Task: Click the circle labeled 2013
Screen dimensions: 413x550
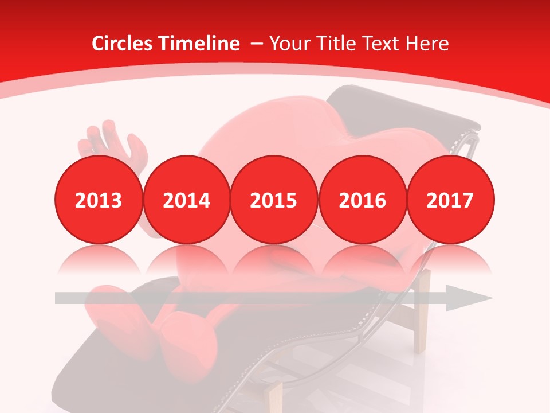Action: tap(99, 200)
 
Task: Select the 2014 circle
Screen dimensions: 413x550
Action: tap(187, 200)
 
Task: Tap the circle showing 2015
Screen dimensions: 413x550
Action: tap(274, 200)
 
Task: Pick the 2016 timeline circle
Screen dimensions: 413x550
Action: tap(362, 200)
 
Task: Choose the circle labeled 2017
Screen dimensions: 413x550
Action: tap(450, 200)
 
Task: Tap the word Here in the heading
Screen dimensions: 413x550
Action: tap(427, 44)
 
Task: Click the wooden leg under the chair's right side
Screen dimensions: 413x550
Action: tap(422, 313)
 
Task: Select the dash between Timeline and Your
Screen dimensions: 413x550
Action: tap(256, 44)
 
